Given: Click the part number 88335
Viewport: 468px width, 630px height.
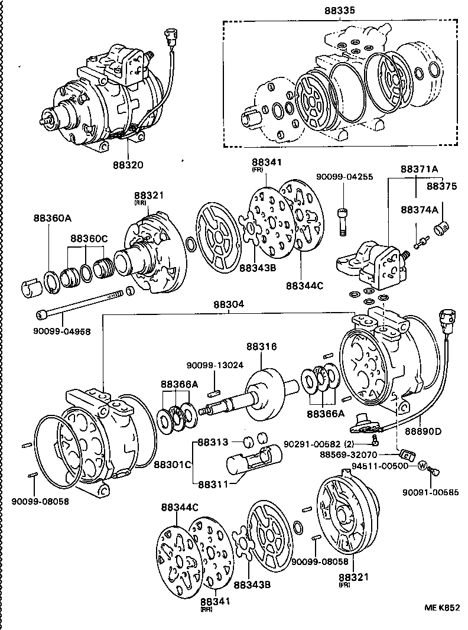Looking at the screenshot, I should pos(340,11).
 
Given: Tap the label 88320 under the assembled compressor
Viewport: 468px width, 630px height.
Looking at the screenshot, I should pos(128,165).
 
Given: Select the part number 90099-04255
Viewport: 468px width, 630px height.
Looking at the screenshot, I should pos(344,177).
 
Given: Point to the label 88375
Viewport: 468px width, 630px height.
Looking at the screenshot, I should pos(442,186).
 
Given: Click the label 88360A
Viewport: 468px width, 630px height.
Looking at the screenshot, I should pos(52,218).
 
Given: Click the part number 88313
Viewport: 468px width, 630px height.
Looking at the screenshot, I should pos(213,441).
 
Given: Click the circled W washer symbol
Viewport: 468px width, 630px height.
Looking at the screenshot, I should pos(422,466).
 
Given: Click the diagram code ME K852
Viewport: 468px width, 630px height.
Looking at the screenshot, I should pos(441,607).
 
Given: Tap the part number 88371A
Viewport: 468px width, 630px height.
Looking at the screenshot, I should pos(420,169).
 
